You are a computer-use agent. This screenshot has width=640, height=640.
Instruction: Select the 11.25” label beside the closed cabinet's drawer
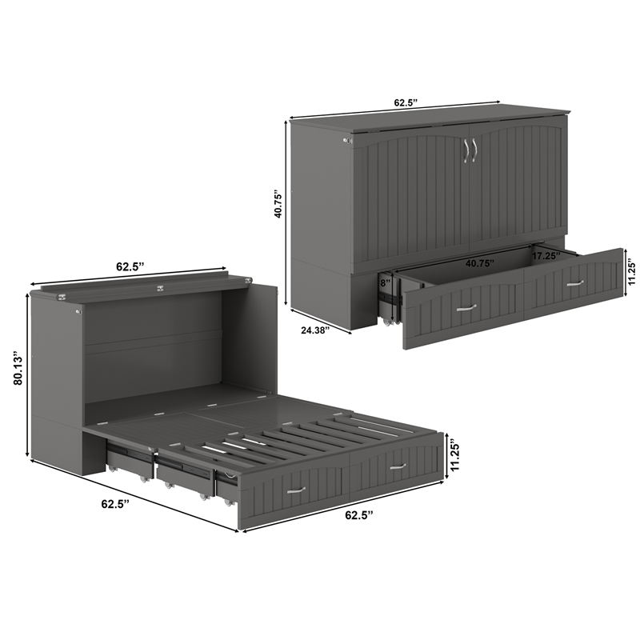pos(631,272)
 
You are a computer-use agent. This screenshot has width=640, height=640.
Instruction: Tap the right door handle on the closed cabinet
pos(474,150)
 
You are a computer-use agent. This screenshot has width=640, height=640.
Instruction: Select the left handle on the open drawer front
pos(466,306)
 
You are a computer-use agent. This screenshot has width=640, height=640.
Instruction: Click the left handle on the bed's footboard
pos(296,490)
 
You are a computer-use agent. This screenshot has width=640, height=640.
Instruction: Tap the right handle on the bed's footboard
pos(398,466)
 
